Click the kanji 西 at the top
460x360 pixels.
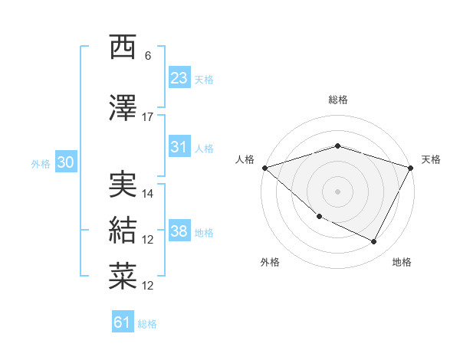123,47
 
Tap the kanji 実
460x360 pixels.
123,185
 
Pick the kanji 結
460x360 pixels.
123,230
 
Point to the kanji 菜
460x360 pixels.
123,276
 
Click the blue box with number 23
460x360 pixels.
179,78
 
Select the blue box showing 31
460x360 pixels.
179,147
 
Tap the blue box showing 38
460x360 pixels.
179,231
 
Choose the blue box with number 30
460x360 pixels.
65,162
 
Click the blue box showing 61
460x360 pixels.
123,322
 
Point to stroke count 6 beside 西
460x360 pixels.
148,56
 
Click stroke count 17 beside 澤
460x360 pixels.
148,117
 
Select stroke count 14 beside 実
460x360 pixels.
148,194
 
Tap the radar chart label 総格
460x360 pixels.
337,100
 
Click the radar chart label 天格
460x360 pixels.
431,159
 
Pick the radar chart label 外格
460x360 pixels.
270,262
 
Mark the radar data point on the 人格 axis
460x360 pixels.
264,167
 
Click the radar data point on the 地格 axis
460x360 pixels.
374,242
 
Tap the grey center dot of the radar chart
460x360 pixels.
337,191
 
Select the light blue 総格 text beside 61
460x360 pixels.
147,324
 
